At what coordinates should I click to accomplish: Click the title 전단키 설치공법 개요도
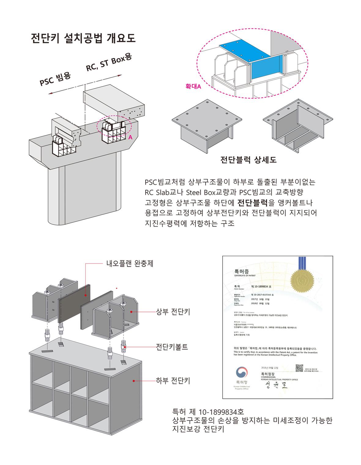tap(84, 39)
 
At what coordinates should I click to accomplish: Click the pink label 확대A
tap(193, 87)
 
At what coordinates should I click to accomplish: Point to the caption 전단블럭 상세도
tap(248, 160)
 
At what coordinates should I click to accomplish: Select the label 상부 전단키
tap(173, 312)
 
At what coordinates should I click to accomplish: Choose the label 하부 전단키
tap(173, 381)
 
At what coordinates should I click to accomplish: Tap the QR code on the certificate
tap(299, 368)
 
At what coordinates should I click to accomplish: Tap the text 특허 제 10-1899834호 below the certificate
tap(208, 411)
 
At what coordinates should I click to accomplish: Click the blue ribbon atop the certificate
tap(301, 262)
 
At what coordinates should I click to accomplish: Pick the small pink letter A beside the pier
tap(130, 138)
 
